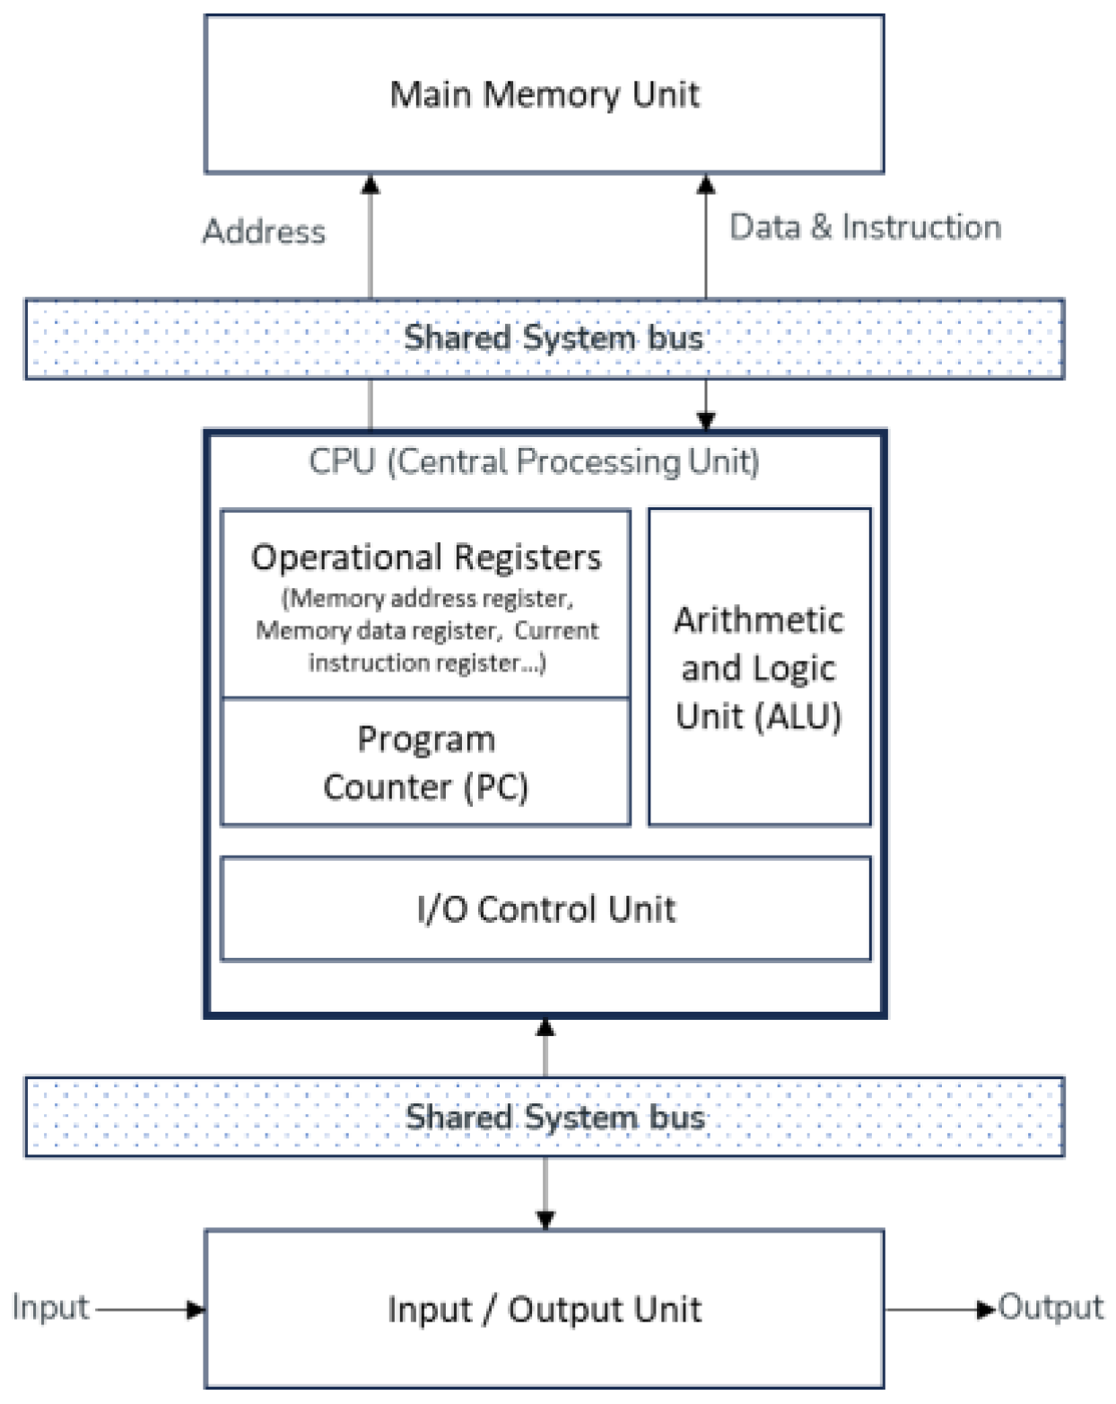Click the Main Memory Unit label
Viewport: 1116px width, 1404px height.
point(544,94)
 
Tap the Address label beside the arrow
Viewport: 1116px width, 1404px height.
point(264,232)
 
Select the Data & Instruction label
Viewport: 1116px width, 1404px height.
point(865,227)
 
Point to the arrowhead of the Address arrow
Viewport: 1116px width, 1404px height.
point(370,185)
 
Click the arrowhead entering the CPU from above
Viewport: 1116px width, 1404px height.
point(706,420)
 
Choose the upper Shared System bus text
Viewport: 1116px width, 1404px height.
point(553,338)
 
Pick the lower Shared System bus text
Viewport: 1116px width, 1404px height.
point(554,1118)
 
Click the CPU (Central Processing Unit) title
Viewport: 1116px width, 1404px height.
point(534,461)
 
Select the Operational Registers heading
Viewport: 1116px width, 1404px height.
point(426,557)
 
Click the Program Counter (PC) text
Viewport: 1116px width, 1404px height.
point(426,763)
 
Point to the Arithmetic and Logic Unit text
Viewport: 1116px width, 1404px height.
point(759,668)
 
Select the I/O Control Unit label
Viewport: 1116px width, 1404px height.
point(545,909)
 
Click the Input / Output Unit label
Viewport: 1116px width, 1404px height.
point(544,1310)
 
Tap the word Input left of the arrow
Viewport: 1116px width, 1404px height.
point(50,1307)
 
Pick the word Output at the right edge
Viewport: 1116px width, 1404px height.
point(1051,1307)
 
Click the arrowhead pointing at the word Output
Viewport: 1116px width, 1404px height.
point(987,1309)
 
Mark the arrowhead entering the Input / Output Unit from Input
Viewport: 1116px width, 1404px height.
point(196,1310)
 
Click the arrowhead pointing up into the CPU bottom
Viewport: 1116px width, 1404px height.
point(545,1028)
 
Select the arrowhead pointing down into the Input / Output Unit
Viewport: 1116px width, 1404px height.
point(545,1220)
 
